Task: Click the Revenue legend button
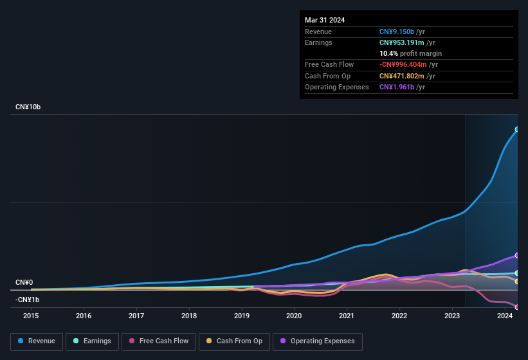37,341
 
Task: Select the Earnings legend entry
91,341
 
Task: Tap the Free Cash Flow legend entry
158,341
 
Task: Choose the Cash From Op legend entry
233,341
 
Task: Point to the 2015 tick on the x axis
31,316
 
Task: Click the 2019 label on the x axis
241,316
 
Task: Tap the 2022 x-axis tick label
399,316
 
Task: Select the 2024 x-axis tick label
504,316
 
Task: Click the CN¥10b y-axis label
28,107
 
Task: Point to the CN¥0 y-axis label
24,282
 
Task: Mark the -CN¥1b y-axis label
27,300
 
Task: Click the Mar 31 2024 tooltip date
325,20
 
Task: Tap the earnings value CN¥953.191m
406,42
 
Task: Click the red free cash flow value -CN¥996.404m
408,64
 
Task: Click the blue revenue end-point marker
517,129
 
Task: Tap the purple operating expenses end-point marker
517,255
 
